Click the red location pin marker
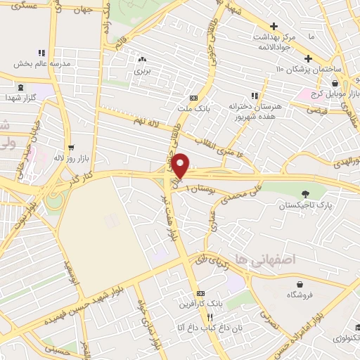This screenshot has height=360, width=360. (181, 165)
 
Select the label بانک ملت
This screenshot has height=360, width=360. (195, 108)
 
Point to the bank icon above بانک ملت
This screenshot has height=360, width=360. (194, 98)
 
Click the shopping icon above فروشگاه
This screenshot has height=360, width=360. (301, 285)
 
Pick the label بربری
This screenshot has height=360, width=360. (143, 70)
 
